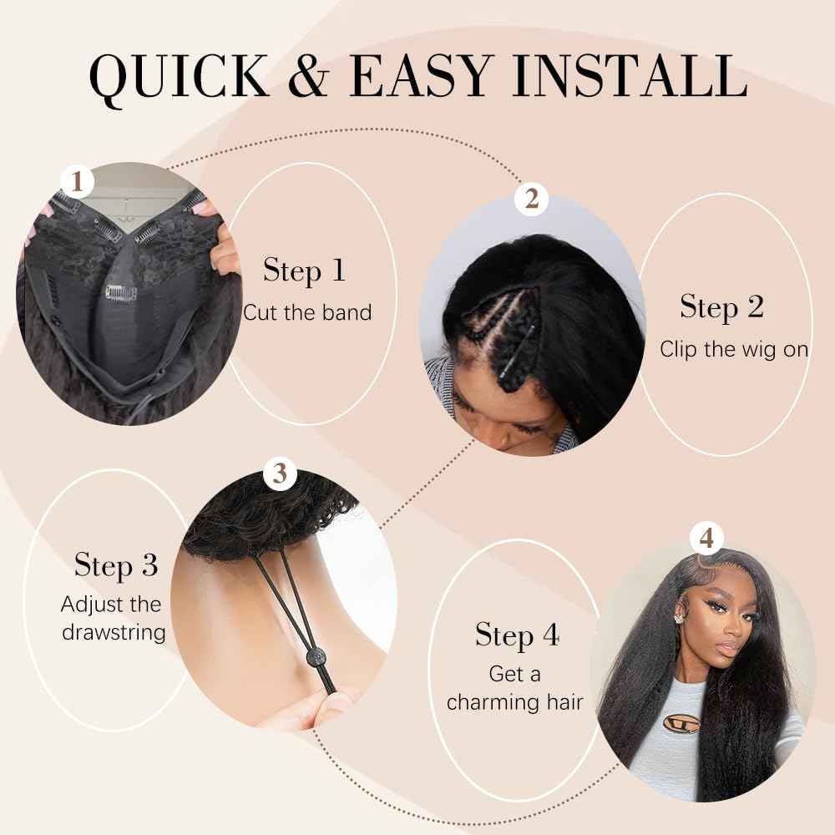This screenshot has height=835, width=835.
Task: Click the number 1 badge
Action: tap(78, 180)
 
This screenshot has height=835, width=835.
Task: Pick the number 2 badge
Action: tap(532, 199)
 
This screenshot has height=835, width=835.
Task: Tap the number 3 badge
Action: tap(281, 474)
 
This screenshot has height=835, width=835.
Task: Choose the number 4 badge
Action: tap(706, 539)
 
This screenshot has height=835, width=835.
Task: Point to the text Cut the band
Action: tap(306, 312)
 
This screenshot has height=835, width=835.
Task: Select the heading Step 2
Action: tap(721, 306)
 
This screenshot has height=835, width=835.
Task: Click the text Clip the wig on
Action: tap(734, 349)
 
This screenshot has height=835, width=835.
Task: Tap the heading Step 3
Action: tap(115, 565)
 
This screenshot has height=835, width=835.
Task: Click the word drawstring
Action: tap(114, 631)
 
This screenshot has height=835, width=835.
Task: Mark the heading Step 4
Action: tap(517, 635)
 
